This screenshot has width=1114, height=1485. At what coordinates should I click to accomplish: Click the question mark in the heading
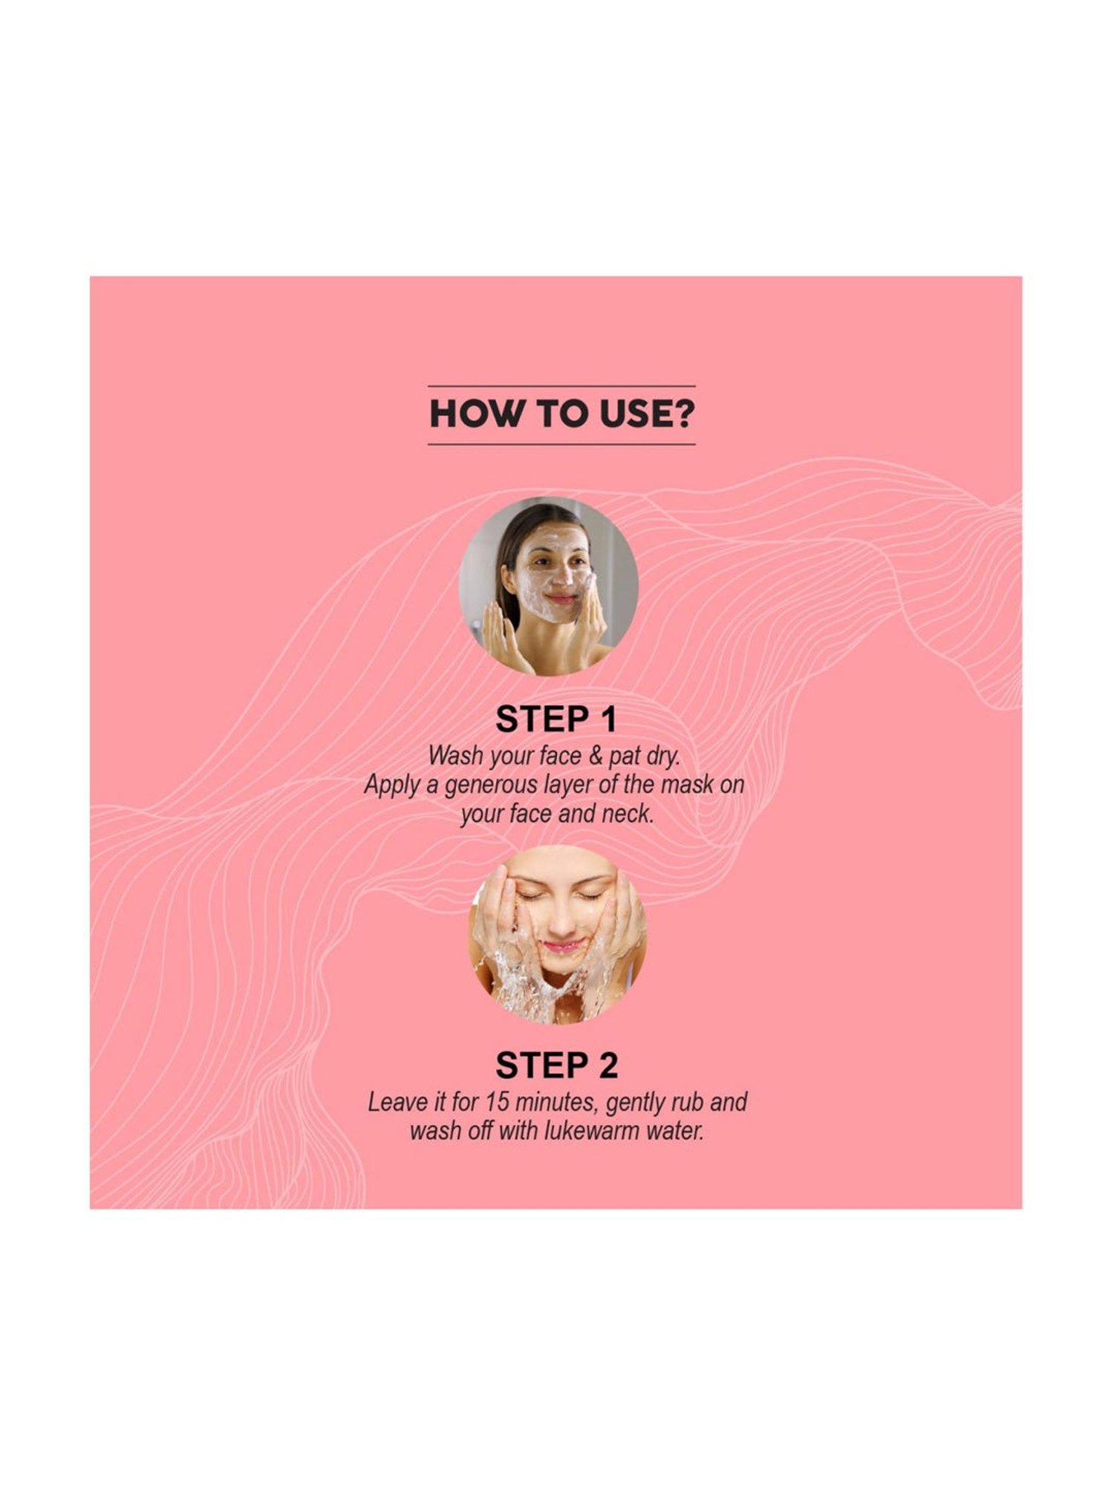click(x=681, y=414)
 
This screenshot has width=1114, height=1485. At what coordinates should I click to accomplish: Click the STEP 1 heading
click(x=556, y=719)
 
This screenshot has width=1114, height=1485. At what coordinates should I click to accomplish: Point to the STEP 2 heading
click(x=556, y=1065)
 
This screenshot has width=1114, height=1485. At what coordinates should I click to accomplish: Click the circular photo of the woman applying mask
click(x=549, y=586)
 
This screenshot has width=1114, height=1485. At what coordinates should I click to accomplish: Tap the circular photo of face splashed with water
click(x=557, y=935)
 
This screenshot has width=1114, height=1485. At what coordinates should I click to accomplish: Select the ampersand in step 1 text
click(x=596, y=757)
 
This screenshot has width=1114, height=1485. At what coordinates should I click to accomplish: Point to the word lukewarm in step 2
click(x=591, y=1131)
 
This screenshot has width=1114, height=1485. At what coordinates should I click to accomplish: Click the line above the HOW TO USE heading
click(x=561, y=386)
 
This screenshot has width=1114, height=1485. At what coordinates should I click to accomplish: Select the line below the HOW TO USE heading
click(x=561, y=444)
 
